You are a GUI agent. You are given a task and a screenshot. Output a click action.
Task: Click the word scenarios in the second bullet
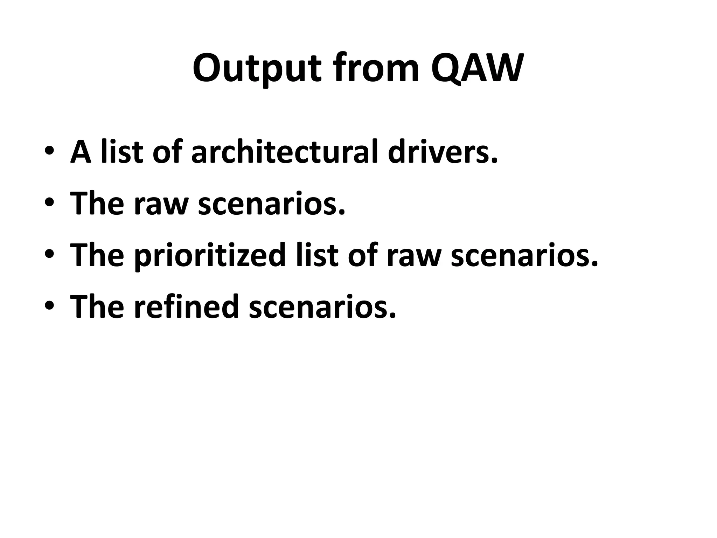[271, 204]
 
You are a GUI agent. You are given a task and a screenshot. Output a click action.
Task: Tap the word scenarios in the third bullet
[524, 255]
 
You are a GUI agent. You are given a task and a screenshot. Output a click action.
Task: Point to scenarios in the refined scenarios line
[322, 306]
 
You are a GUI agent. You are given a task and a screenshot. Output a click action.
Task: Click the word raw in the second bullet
[161, 204]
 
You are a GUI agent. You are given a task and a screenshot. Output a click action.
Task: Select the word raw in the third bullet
[414, 255]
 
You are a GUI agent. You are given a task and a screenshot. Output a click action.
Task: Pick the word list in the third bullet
[317, 255]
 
